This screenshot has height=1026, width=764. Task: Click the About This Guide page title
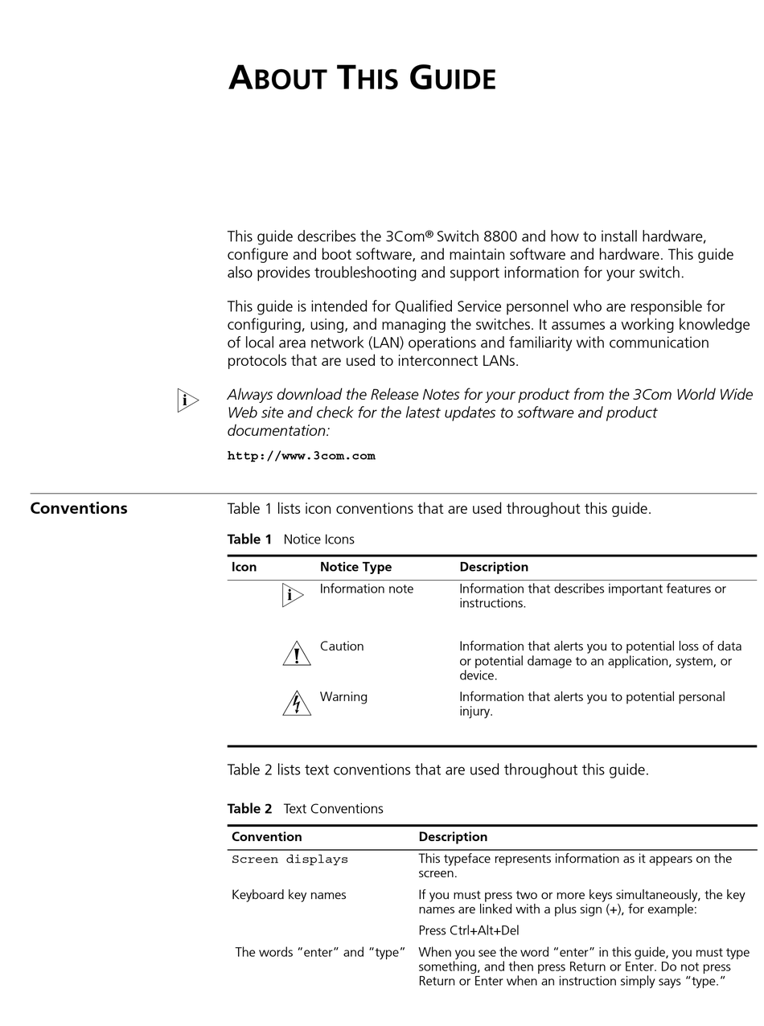(362, 79)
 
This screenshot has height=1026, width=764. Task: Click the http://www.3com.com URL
(301, 456)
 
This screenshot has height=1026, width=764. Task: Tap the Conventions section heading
(79, 508)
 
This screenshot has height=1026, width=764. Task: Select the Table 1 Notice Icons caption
(290, 540)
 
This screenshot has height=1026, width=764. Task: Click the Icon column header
(244, 567)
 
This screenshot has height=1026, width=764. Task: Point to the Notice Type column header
(355, 567)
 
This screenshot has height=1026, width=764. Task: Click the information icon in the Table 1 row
(293, 596)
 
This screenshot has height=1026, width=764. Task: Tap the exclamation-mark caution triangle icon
(297, 655)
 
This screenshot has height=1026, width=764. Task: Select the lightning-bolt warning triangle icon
(297, 704)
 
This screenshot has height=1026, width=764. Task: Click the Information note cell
(367, 589)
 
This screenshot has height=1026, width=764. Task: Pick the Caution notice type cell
(342, 646)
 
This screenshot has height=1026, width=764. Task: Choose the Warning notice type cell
(343, 697)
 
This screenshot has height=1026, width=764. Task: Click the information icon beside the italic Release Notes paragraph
(187, 400)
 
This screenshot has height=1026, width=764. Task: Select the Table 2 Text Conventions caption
(305, 809)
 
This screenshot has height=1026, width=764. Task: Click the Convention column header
(266, 837)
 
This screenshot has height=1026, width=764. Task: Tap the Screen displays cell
(290, 860)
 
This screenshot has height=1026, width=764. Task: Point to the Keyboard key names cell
(289, 895)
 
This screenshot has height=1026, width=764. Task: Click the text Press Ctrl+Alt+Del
(468, 931)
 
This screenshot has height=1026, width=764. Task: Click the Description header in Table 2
(453, 837)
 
